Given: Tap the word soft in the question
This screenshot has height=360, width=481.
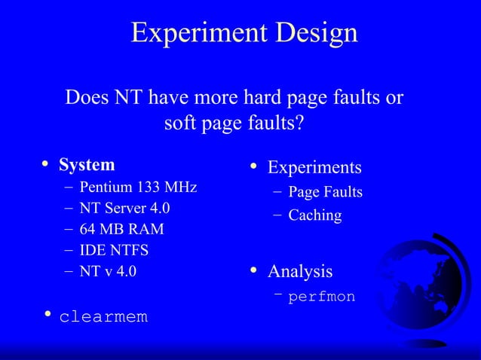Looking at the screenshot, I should pos(179,122).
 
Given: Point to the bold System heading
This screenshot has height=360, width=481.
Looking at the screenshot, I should pos(87,164).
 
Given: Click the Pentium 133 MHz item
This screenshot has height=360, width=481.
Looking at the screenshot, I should pos(138,187).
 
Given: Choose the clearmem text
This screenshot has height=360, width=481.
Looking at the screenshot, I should pos(103,317).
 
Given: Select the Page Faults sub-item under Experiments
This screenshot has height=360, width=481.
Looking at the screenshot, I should pos(325,193).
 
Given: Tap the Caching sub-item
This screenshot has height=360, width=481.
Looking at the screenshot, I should pos(314,215).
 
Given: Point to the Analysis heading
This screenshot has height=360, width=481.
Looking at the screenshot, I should pos(300,270).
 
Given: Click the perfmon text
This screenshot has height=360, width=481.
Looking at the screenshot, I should pos(321,297).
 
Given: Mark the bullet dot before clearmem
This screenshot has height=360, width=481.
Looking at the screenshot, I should pos(47,314).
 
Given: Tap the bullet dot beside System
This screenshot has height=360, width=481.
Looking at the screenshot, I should pos(46,163).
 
